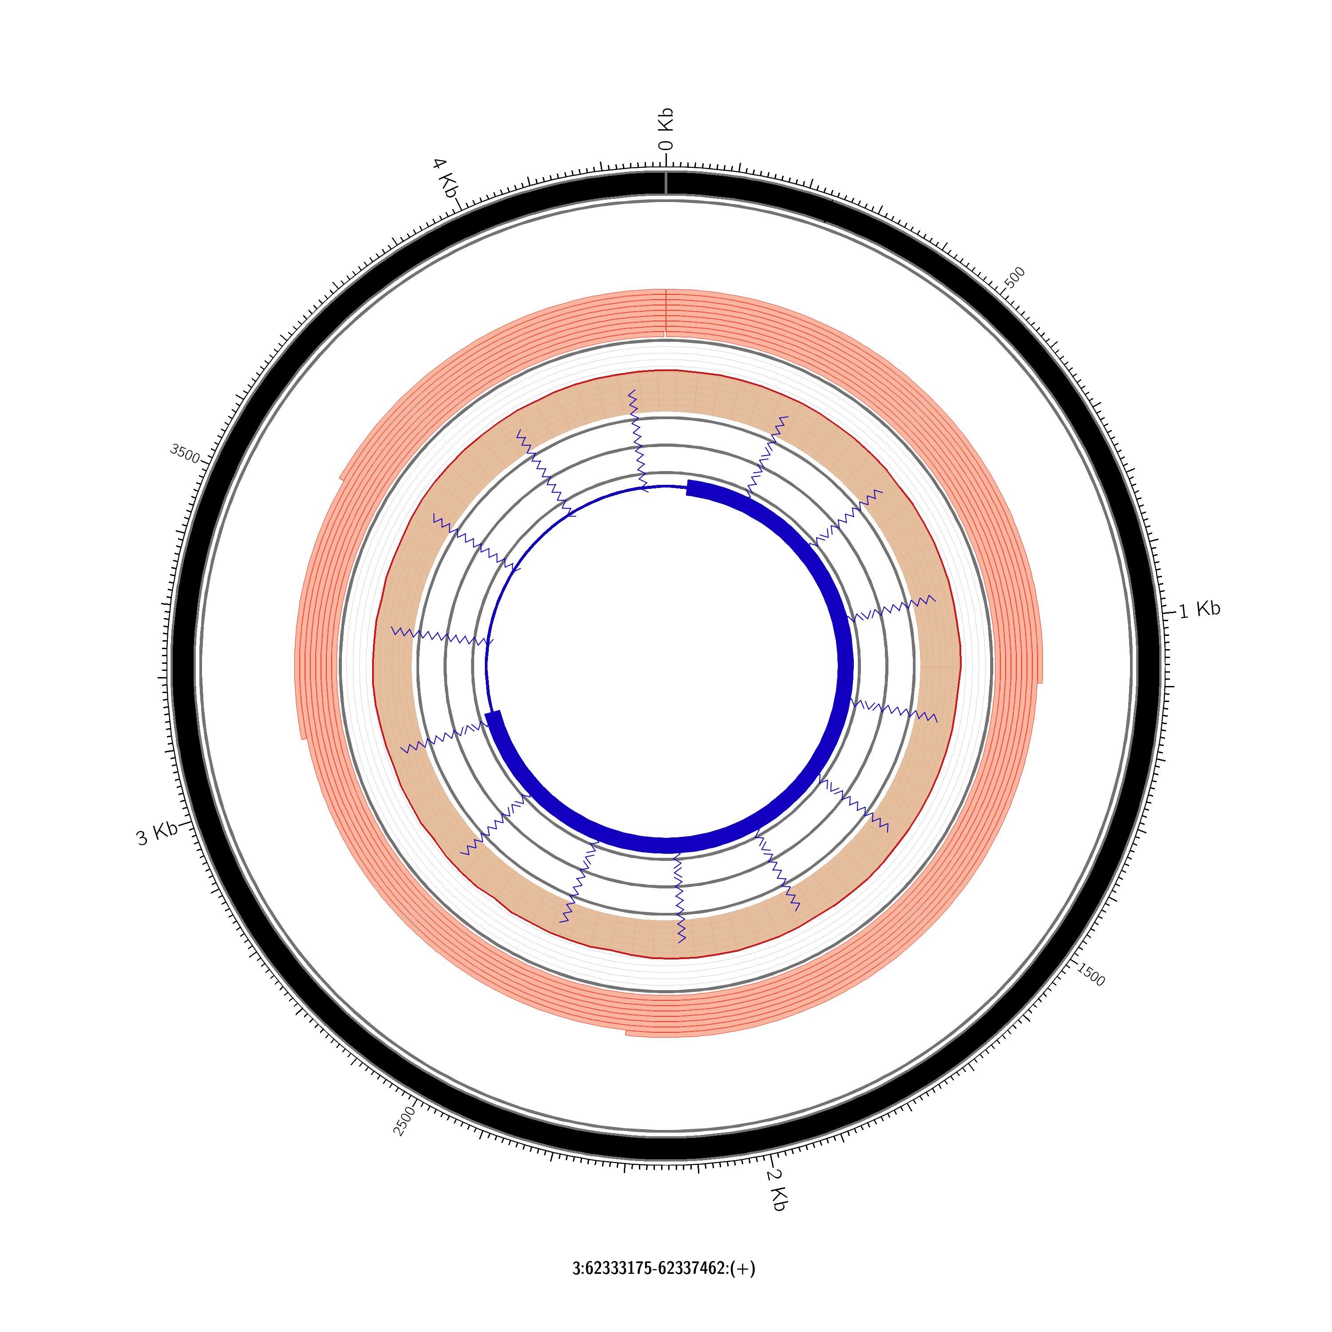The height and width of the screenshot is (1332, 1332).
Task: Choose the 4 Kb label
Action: coord(445,178)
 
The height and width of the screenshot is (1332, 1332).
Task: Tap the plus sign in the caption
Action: coord(743,1269)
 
